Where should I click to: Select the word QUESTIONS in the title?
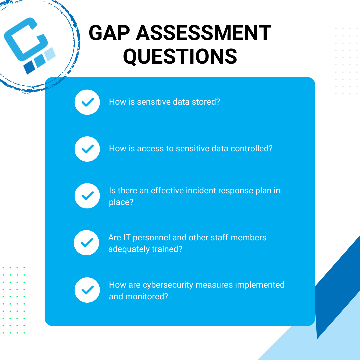point(180,56)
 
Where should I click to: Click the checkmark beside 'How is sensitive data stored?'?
point(87,102)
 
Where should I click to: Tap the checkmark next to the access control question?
point(87,149)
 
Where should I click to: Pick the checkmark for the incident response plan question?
point(87,196)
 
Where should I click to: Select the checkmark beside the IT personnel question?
point(86,242)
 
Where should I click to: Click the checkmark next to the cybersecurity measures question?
point(87,290)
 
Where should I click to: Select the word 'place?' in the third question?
point(121,202)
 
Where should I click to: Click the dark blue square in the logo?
point(29,67)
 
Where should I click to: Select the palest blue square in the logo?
point(50,54)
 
